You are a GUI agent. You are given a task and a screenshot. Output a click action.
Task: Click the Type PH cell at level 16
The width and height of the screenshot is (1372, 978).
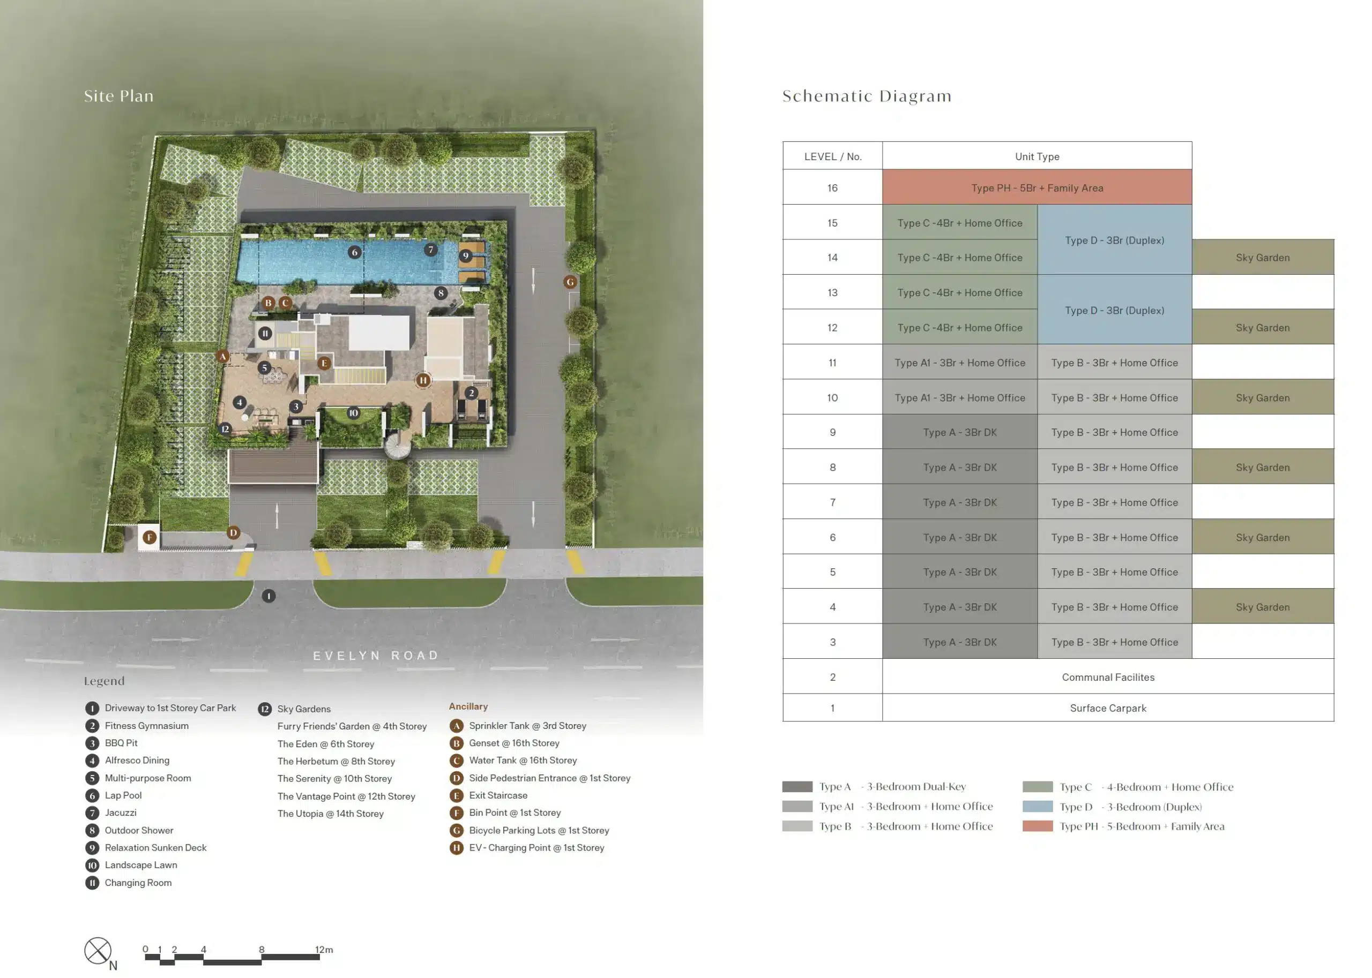click(1037, 187)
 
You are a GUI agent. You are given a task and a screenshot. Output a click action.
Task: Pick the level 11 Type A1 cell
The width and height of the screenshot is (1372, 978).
click(960, 362)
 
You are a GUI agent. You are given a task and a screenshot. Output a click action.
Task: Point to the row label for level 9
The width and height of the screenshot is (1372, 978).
click(832, 432)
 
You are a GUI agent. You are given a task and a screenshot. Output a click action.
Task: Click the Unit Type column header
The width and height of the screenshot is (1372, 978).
click(1037, 156)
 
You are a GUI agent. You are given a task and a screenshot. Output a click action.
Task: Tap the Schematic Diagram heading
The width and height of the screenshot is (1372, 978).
click(867, 96)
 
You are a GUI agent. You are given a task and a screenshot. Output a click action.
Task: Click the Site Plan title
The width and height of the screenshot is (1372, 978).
click(118, 96)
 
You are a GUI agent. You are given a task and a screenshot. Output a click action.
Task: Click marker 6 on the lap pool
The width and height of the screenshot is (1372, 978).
click(354, 252)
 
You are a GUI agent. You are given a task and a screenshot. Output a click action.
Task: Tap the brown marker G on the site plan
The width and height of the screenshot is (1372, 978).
click(570, 282)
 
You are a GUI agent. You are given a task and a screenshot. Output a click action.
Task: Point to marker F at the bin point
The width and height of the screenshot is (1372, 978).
click(150, 537)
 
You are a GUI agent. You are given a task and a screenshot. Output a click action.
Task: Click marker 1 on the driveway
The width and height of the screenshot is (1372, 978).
click(269, 596)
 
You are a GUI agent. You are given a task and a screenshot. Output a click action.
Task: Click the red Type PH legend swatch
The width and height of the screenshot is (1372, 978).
click(1037, 826)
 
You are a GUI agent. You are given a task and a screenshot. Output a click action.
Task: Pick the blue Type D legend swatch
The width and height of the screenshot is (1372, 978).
click(1037, 806)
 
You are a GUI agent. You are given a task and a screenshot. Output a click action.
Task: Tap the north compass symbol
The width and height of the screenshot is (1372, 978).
click(98, 951)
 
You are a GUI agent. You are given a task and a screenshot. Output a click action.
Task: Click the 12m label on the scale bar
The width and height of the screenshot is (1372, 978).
click(324, 950)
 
